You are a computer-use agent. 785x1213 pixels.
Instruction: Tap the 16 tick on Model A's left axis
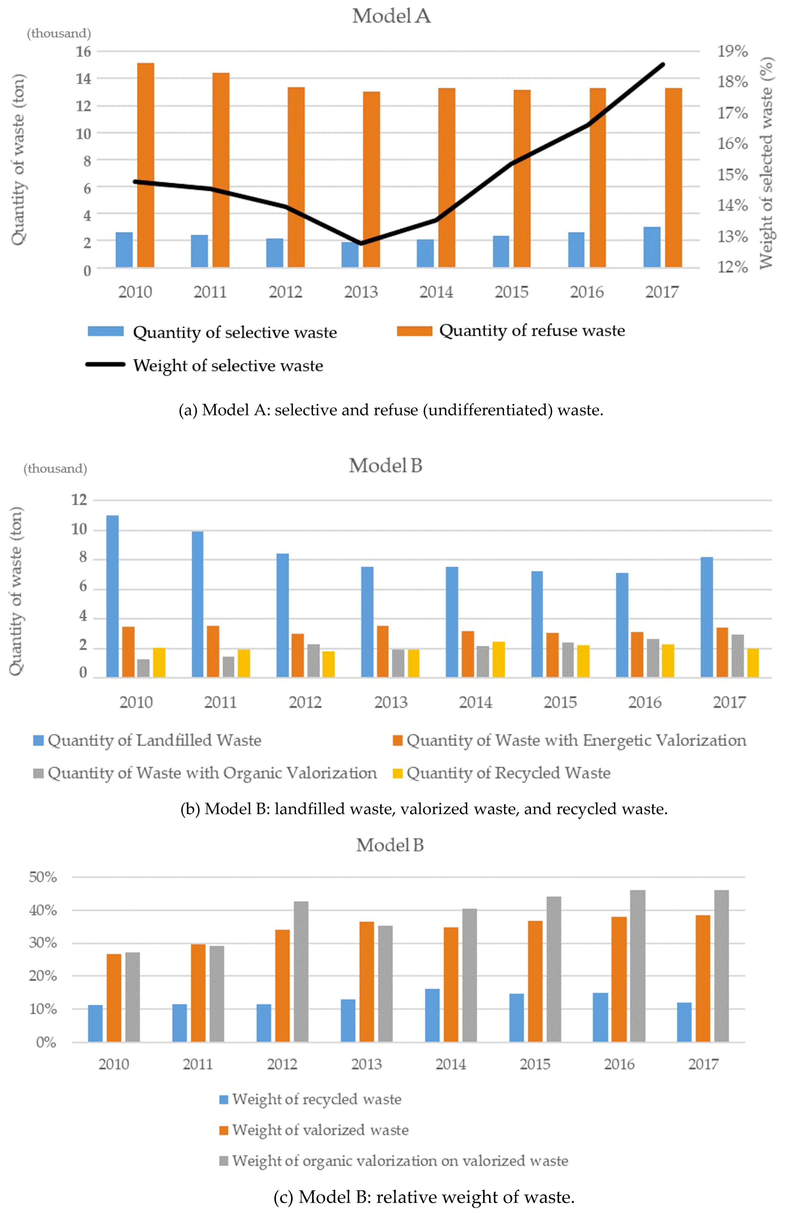click(x=83, y=51)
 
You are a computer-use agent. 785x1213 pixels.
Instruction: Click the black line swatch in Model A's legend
click(x=106, y=365)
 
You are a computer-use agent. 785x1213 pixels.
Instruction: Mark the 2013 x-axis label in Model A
click(x=361, y=292)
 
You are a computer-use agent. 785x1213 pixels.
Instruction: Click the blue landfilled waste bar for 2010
click(x=113, y=596)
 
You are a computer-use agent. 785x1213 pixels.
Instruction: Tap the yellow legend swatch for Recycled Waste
click(x=398, y=773)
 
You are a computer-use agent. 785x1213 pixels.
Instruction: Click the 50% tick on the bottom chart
click(x=43, y=877)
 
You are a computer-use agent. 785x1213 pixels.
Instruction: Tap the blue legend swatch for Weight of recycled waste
click(x=223, y=1099)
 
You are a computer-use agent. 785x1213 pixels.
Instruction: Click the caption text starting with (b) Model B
click(x=424, y=809)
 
